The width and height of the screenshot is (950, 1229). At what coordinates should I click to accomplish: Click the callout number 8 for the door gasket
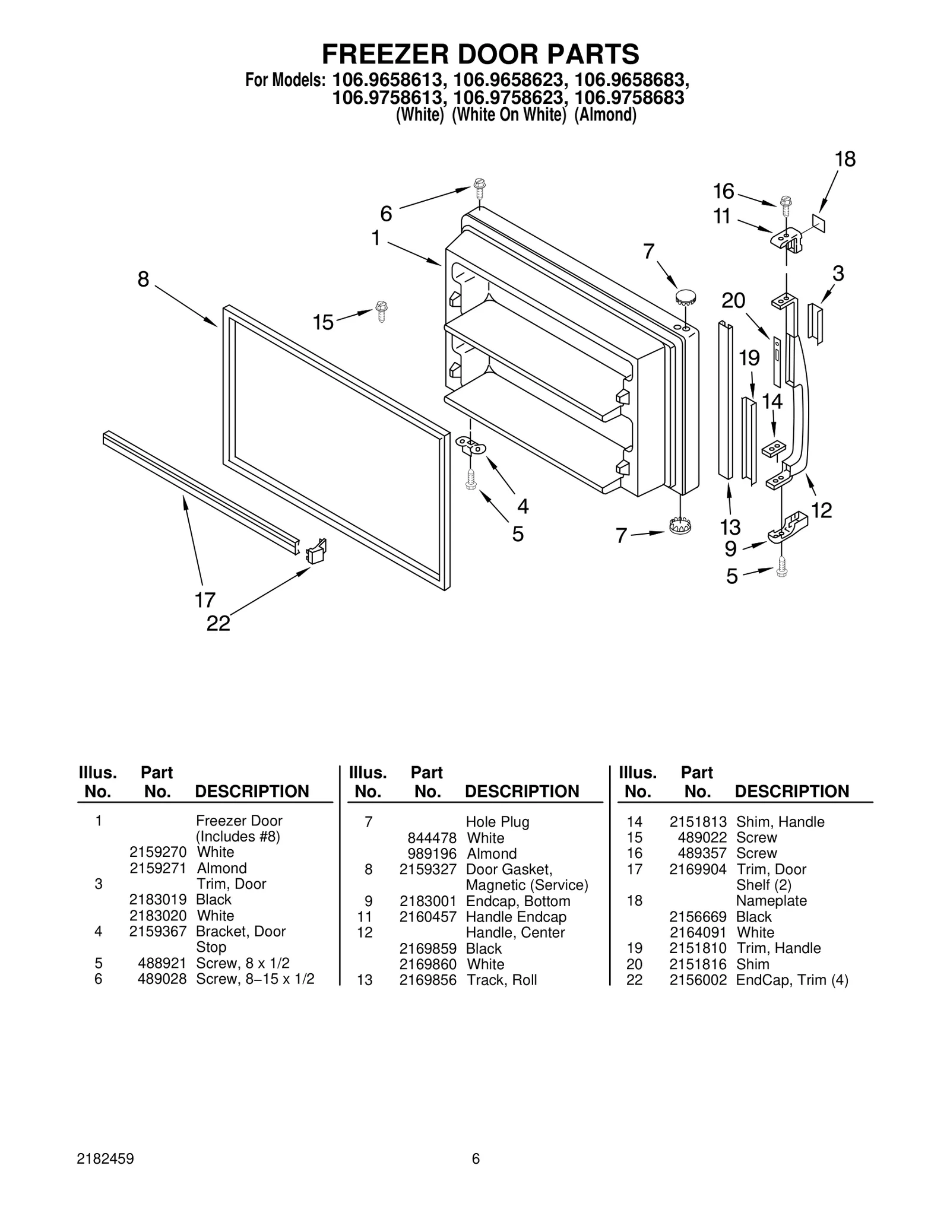point(143,279)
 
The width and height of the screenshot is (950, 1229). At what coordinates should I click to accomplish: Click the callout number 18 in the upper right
point(845,159)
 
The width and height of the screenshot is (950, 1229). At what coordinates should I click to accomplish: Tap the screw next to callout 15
point(381,311)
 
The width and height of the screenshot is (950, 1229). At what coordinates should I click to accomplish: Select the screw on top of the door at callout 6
point(480,189)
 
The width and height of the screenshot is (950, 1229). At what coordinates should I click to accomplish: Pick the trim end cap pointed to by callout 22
point(316,551)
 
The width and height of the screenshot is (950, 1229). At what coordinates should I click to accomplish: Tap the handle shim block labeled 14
point(773,449)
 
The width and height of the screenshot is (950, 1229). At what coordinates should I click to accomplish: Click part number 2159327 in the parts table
point(427,869)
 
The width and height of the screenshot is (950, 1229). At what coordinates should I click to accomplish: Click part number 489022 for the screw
point(702,837)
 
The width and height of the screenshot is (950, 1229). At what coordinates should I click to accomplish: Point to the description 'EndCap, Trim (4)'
point(792,980)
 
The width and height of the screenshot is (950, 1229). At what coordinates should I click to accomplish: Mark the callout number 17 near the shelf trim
point(205,601)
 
